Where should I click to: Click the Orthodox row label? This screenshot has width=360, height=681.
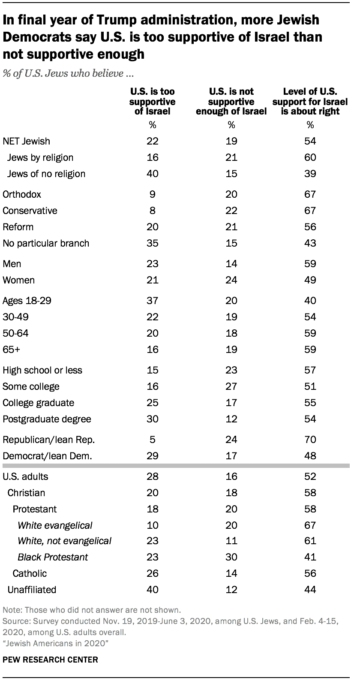[x=22, y=194]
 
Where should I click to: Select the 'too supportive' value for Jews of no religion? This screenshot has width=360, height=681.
[x=153, y=174]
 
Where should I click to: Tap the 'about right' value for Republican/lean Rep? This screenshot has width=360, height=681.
[x=310, y=440]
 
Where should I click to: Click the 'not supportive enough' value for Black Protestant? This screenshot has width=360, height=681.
[x=231, y=557]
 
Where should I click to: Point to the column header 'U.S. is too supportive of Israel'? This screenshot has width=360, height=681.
[x=153, y=101]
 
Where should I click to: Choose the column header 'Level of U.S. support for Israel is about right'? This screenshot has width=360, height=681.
[x=310, y=101]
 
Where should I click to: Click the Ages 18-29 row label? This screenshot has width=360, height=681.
[x=27, y=301]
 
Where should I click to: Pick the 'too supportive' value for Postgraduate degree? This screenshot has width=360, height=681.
[x=153, y=419]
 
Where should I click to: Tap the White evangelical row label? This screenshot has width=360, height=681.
[x=55, y=525]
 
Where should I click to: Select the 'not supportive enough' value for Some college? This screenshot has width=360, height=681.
[x=231, y=386]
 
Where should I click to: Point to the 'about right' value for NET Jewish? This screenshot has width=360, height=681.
[x=310, y=141]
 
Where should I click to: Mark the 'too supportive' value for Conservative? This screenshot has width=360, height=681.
[x=153, y=211]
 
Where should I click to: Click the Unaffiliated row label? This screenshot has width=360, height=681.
[x=32, y=590]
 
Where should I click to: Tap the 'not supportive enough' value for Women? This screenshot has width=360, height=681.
[x=231, y=280]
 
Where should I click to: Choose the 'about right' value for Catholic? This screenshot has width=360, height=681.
[x=310, y=573]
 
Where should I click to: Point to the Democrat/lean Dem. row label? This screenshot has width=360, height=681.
[x=47, y=456]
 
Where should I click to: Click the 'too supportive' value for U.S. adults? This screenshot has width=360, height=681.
[x=153, y=476]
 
